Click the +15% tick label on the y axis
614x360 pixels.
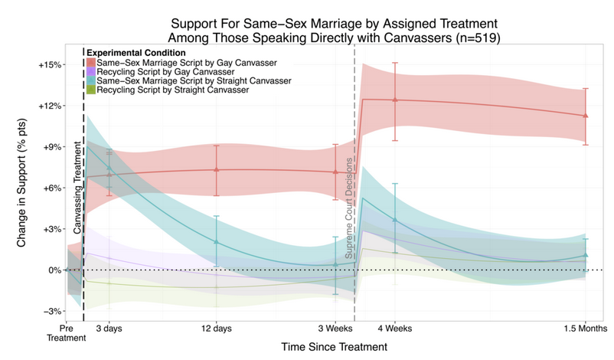(x=50, y=65)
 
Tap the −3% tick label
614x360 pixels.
(x=53, y=312)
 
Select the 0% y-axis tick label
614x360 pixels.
(x=55, y=270)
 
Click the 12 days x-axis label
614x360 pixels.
(x=217, y=329)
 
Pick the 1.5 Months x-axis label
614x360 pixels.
(x=586, y=329)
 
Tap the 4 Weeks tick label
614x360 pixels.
(x=395, y=329)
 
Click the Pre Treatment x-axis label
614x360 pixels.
(x=66, y=333)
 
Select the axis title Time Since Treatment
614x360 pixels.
(x=334, y=347)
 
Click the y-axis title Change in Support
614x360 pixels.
(x=21, y=182)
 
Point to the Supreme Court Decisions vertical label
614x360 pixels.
(x=348, y=208)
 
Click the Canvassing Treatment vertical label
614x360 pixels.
(x=77, y=188)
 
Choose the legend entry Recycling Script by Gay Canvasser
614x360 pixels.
(x=165, y=72)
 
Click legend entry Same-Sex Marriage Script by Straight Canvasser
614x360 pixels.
(x=194, y=80)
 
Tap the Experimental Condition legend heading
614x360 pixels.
(x=136, y=53)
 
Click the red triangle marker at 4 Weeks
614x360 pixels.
(x=395, y=100)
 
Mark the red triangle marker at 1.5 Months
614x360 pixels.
(x=586, y=116)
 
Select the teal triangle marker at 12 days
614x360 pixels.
(x=217, y=242)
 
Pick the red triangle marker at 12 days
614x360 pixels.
(x=217, y=169)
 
